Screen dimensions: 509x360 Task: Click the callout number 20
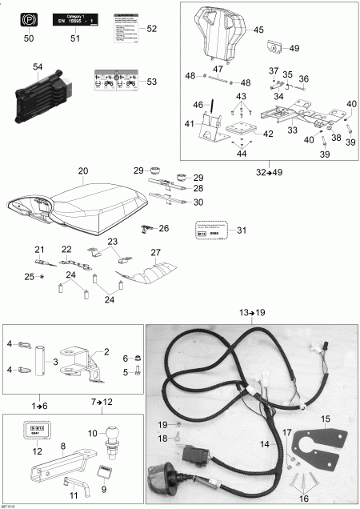pyautogui.click(x=82, y=171)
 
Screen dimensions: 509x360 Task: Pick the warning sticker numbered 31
pyautogui.click(x=211, y=230)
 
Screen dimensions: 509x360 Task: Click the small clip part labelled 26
pyautogui.click(x=146, y=230)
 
